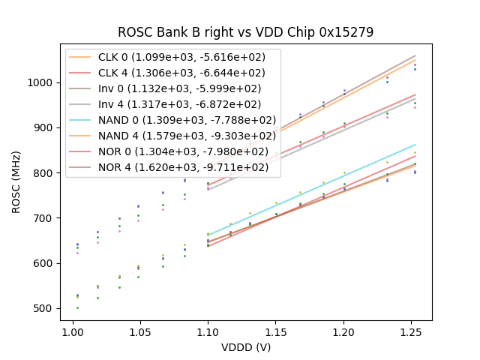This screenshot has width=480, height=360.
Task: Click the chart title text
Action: pyautogui.click(x=245, y=32)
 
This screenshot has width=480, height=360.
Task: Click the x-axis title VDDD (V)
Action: pyautogui.click(x=245, y=347)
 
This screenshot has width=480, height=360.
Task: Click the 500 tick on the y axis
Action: pyautogui.click(x=44, y=309)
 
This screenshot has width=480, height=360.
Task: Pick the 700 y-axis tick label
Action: pyautogui.click(x=44, y=218)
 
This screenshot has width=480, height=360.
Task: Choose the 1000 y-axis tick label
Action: pyautogui.click(x=41, y=82)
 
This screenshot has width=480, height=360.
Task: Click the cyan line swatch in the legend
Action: pyautogui.click(x=82, y=120)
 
